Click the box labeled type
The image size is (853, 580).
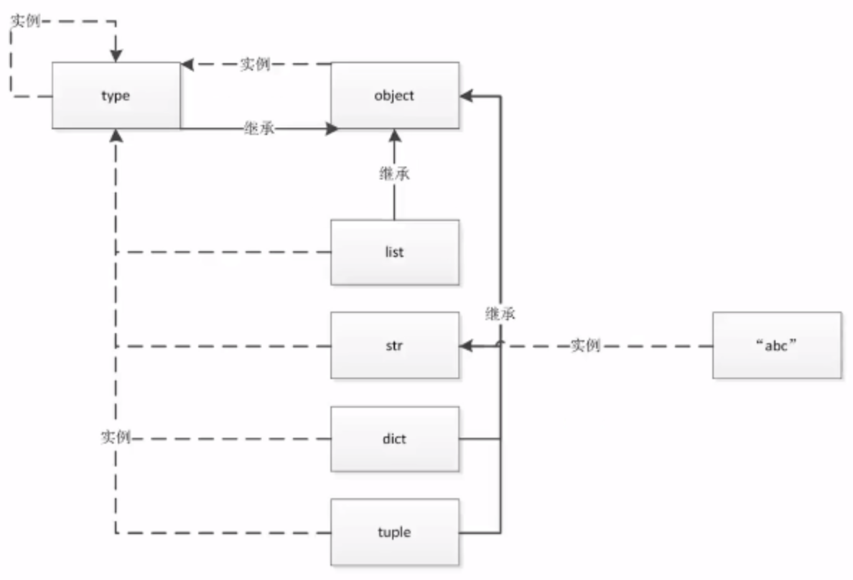tap(116, 95)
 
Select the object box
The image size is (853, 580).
tap(395, 95)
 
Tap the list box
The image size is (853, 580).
tap(395, 253)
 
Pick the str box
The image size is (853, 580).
tap(395, 345)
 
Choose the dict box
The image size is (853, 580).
tap(395, 439)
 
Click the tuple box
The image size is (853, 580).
tap(395, 532)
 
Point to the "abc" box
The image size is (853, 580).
tap(777, 345)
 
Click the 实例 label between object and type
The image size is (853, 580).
tap(255, 64)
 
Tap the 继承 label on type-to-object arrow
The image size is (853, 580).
tap(259, 128)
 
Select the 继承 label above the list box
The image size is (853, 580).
tap(394, 174)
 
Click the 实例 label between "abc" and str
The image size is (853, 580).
tap(585, 345)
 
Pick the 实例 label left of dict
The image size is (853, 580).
tap(116, 437)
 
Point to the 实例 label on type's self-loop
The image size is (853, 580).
tap(26, 21)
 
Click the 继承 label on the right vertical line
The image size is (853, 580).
tap(500, 314)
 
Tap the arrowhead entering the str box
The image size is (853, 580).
tap(466, 345)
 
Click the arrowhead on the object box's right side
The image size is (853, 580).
tap(466, 96)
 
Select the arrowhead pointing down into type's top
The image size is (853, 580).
tap(116, 55)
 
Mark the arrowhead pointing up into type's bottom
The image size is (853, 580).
tap(116, 136)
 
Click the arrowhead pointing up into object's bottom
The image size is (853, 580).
tap(395, 136)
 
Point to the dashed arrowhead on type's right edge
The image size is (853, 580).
tap(187, 65)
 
